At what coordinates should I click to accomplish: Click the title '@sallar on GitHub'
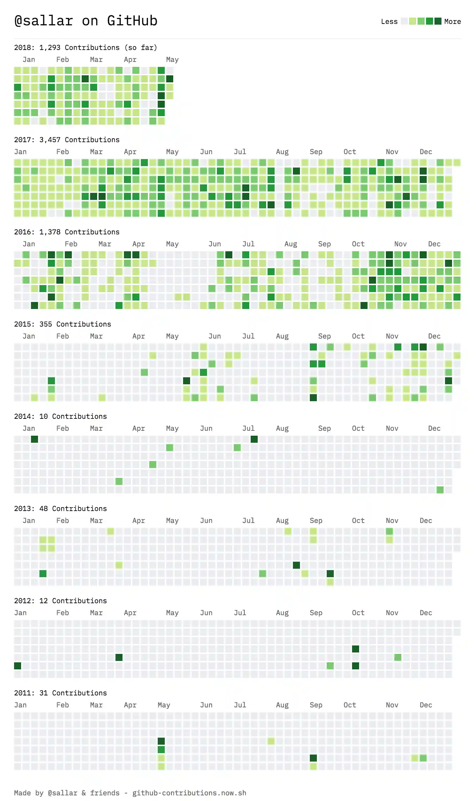pyautogui.click(x=86, y=21)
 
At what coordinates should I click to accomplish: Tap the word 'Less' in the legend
pyautogui.click(x=389, y=21)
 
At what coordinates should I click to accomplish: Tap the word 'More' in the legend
pyautogui.click(x=452, y=21)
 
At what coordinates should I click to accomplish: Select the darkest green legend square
pyautogui.click(x=438, y=21)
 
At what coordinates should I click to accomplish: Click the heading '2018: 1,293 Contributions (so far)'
pyautogui.click(x=86, y=48)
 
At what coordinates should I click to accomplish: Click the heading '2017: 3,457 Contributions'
pyautogui.click(x=67, y=140)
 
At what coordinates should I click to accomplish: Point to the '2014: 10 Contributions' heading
pyautogui.click(x=60, y=416)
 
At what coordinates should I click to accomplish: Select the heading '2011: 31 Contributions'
pyautogui.click(x=60, y=693)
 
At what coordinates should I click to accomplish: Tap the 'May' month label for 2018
pyautogui.click(x=172, y=59)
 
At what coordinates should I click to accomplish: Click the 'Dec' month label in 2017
pyautogui.click(x=426, y=152)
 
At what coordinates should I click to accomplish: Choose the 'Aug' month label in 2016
pyautogui.click(x=290, y=244)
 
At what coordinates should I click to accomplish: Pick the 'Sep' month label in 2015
pyautogui.click(x=324, y=336)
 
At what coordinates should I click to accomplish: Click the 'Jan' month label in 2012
pyautogui.click(x=20, y=613)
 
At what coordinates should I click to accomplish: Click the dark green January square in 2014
pyautogui.click(x=35, y=439)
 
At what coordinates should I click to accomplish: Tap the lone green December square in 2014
pyautogui.click(x=440, y=490)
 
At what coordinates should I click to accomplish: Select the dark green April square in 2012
pyautogui.click(x=119, y=657)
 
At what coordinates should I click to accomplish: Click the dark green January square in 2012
pyautogui.click(x=18, y=666)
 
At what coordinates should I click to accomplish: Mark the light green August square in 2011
pyautogui.click(x=271, y=741)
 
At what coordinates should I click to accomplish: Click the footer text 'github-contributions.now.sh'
pyautogui.click(x=189, y=793)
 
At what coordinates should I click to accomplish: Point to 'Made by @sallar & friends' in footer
pyautogui.click(x=67, y=793)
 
